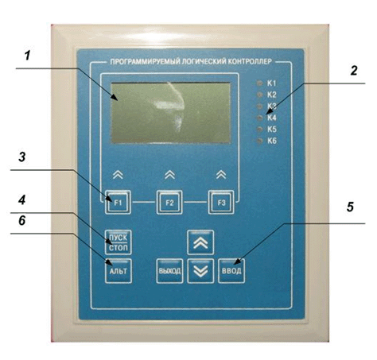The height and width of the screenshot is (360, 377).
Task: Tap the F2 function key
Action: [x=169, y=203]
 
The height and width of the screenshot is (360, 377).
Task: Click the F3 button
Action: [x=221, y=203]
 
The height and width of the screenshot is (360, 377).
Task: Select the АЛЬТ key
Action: [x=119, y=271]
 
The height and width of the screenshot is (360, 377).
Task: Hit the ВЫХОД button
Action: [x=169, y=271]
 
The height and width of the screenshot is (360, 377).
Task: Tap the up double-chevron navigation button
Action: [x=200, y=242]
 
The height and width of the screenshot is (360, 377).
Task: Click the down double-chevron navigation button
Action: [x=200, y=271]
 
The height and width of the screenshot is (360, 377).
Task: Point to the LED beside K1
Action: [x=259, y=83]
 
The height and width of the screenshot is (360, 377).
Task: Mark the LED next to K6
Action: [x=259, y=141]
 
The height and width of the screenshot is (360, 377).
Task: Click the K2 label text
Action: [x=272, y=95]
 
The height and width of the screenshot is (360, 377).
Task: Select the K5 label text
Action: [x=272, y=130]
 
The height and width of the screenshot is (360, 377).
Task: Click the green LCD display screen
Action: [x=170, y=113]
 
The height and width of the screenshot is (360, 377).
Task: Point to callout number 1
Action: [x=28, y=56]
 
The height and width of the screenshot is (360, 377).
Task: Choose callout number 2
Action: [x=354, y=71]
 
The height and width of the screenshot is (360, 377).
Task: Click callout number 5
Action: [x=350, y=207]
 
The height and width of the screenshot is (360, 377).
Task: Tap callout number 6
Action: [x=22, y=220]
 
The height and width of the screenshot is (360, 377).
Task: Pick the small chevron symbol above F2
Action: [x=169, y=175]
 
